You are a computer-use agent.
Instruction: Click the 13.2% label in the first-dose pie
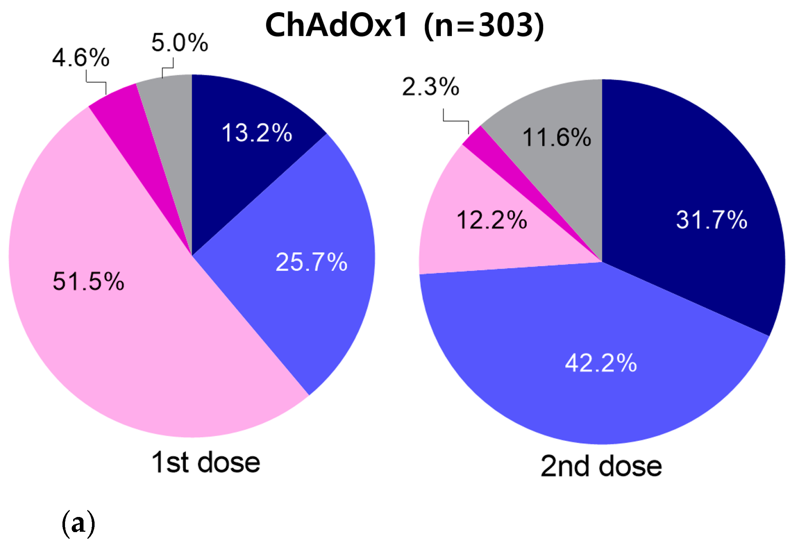point(257,133)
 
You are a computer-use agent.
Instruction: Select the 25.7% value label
point(311,262)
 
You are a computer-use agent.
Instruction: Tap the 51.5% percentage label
point(89,281)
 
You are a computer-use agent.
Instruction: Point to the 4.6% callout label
point(81,58)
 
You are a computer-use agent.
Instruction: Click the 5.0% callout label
point(180,42)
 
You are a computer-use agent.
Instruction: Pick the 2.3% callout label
point(431,87)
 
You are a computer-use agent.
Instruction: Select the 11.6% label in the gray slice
point(557,137)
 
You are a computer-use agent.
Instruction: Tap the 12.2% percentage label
point(492,220)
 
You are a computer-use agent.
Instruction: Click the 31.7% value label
point(712,220)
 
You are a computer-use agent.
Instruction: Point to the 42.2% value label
point(601,363)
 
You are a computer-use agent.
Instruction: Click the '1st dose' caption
point(206,462)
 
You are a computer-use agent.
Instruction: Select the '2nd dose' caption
point(601,466)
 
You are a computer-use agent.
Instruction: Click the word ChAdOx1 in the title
point(337,25)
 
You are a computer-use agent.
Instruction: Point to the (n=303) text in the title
point(484,25)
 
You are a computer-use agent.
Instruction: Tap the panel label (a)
point(78,523)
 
